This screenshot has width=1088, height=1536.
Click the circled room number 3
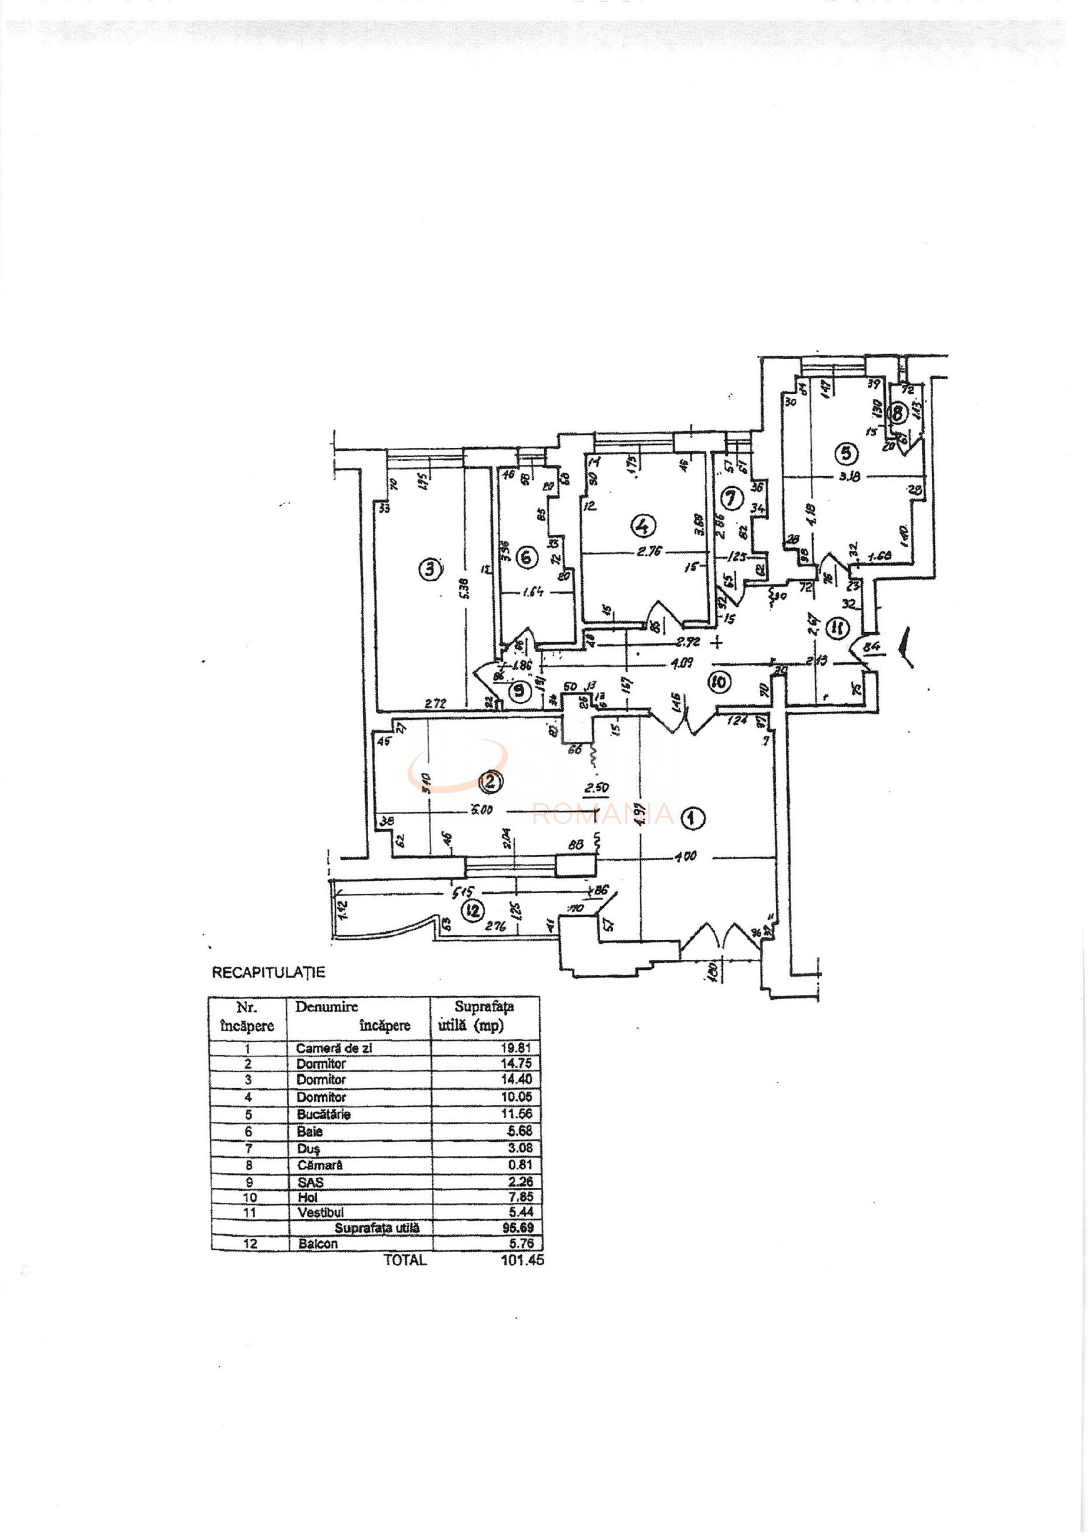point(429,570)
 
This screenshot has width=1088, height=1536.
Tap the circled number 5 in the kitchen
point(846,454)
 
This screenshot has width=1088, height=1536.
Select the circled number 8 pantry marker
point(897,413)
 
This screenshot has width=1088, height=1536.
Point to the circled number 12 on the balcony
point(474,910)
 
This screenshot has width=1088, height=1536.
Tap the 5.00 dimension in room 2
point(481,810)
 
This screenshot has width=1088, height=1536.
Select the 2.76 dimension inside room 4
point(647,551)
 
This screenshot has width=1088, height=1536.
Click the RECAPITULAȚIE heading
point(268,972)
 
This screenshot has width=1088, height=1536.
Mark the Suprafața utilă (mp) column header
point(484,1016)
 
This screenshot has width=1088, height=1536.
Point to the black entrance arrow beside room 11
point(904,643)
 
